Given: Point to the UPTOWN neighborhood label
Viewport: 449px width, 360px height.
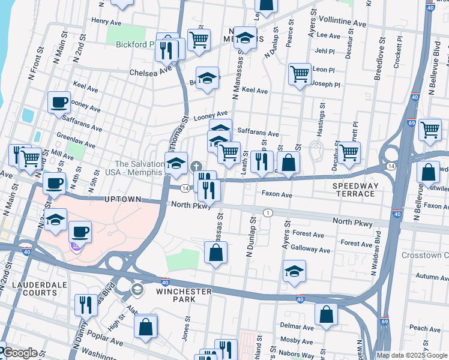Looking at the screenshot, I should [x=122, y=199].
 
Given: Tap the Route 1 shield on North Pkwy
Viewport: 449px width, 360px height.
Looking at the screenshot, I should [x=268, y=213].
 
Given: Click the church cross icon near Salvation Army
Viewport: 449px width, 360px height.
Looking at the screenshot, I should [x=195, y=166].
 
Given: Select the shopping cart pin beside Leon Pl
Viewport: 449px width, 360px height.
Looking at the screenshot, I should [x=300, y=74].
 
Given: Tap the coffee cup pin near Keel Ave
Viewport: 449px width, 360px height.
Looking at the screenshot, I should [x=58, y=103].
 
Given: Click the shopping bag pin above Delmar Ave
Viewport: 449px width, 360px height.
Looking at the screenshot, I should [x=325, y=313].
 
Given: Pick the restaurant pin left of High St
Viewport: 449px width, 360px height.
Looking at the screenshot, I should [x=86, y=304].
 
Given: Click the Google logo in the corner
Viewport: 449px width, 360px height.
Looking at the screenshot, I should [x=20, y=353].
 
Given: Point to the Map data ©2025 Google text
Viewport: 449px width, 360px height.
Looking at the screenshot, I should [x=411, y=355].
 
